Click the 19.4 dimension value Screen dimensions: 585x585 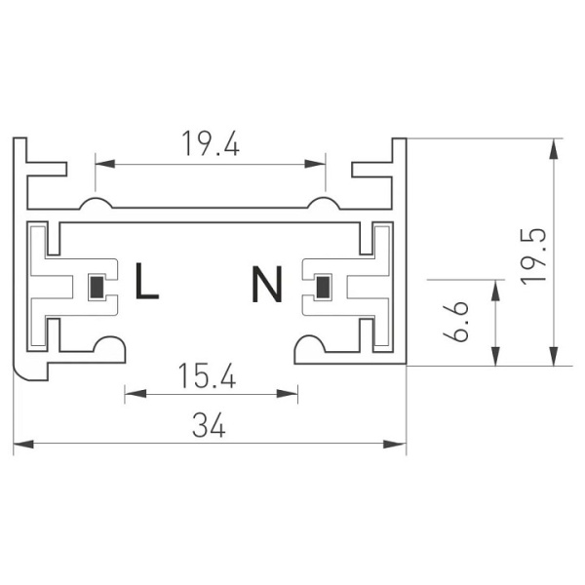coord(211,144)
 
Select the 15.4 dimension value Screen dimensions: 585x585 coord(211,375)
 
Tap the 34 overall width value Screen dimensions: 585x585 coord(210,425)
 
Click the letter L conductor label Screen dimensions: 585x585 coord(146,282)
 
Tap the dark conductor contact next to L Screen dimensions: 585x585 coord(97,288)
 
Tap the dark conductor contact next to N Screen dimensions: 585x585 coord(322,288)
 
